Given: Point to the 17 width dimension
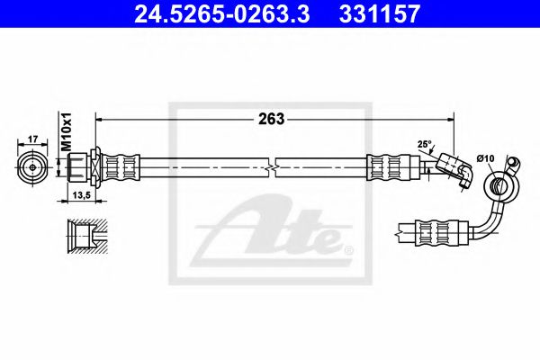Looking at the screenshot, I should tap(31, 139).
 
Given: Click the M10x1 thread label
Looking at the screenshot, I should tap(65, 131).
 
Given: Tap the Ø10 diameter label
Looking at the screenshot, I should tap(486, 159).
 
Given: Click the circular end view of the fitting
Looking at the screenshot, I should tap(31, 167).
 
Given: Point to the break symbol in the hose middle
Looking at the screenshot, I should tap(273, 167).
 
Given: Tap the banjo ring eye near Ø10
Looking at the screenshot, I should tap(497, 186).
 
